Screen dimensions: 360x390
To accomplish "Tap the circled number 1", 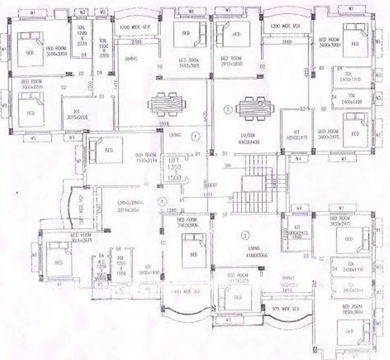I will pyautogui.click(x=196, y=136).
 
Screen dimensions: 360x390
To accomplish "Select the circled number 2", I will pyautogui.click(x=228, y=110).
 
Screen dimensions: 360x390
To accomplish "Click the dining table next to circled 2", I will pyautogui.click(x=252, y=108).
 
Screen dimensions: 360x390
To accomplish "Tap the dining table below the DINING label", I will pyautogui.click(x=166, y=104).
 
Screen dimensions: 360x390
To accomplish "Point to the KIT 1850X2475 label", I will pyautogui.click(x=294, y=135).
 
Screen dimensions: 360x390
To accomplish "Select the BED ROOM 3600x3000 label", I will pyautogui.click(x=332, y=42).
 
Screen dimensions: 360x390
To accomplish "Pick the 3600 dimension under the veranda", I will pyautogui.click(x=287, y=42).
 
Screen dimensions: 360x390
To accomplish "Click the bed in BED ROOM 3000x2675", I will pyautogui.click(x=58, y=256).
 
